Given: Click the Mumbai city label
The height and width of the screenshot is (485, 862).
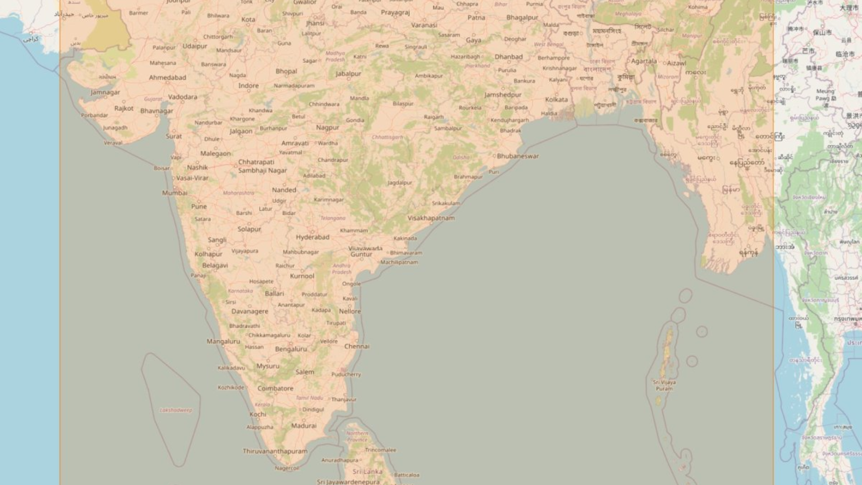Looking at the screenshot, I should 175,193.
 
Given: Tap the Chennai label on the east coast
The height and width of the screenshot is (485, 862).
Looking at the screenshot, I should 356,346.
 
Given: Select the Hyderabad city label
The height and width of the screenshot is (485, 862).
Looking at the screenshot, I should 312,237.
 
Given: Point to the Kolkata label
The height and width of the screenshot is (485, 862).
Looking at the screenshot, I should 556,100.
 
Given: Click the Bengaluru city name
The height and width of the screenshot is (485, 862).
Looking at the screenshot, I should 291,349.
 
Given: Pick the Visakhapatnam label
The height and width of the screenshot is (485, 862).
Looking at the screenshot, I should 431,218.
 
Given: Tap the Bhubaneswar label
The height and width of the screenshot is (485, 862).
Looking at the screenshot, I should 518,156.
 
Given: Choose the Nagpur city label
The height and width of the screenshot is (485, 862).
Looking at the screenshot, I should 327,128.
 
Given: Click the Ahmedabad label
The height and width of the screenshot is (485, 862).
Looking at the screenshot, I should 167,78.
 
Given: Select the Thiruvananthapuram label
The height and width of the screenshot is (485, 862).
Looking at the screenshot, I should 275,451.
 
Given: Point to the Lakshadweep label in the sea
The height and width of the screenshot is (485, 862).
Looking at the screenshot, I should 176,410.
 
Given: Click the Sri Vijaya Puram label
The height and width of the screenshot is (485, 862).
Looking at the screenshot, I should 664,385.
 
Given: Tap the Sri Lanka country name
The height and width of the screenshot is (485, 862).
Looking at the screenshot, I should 367,472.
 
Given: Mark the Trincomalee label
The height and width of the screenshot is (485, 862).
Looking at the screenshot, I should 380,450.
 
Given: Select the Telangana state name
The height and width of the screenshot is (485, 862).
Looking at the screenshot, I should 333,218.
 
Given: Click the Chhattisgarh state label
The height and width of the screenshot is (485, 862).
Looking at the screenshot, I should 387,137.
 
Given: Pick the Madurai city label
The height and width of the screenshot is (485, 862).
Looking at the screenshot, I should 303,426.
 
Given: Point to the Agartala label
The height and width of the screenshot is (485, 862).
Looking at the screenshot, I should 644,61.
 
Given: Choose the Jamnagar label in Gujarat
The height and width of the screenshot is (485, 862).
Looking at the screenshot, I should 105,93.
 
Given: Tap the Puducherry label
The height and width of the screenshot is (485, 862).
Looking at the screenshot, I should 346,375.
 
